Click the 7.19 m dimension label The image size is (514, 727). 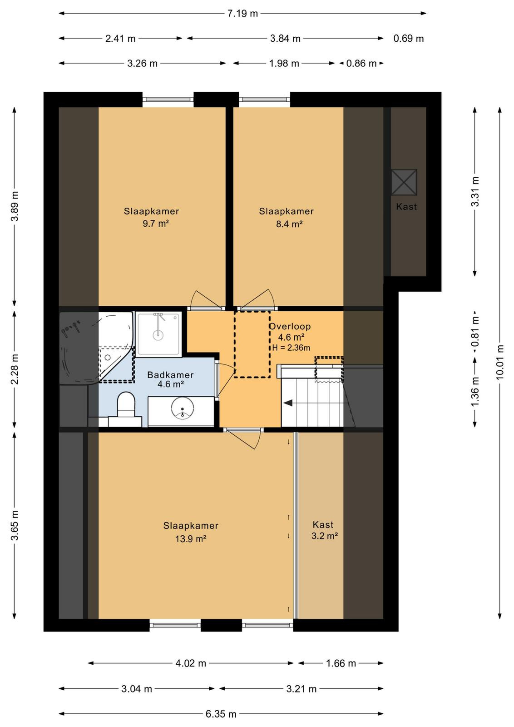coord(242,14)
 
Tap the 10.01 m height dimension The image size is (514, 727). coord(499,362)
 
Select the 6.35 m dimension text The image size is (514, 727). coord(221,714)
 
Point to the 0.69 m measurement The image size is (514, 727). coord(408,39)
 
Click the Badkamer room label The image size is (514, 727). coord(170,375)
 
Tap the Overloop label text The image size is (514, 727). coord(290,327)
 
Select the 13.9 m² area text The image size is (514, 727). coord(191,538)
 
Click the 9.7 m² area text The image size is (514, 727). coord(156,224)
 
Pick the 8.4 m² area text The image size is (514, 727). coord(289,224)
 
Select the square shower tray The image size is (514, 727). coord(158,334)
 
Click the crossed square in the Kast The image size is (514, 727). coord(404,182)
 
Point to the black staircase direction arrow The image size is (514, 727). coord(288,403)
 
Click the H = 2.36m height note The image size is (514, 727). coord(291,348)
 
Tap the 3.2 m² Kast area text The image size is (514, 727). coord(325,536)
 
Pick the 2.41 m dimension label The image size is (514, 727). coord(120,39)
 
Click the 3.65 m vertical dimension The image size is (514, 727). coord(15,525)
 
